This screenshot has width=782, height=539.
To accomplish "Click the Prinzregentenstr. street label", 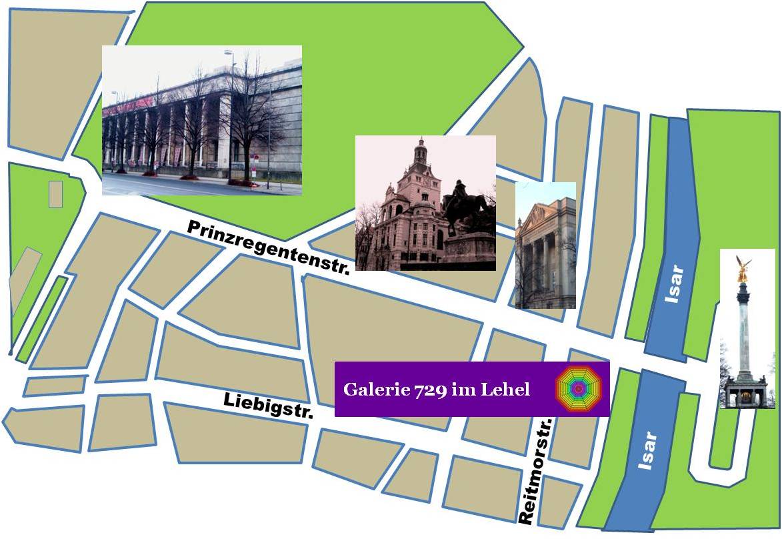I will coord(269,247).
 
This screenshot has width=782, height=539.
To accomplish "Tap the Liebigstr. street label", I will coord(269,406).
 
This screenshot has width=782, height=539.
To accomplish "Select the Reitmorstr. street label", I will coord(536,470).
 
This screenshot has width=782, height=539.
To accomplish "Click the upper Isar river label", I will coord(676,284).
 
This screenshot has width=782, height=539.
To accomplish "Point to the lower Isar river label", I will coord(647,451).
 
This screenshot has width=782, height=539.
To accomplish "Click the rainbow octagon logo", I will coord(578,388).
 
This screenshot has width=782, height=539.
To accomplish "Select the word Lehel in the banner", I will coord(509,390).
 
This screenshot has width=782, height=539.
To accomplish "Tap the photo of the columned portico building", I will coord(545,245).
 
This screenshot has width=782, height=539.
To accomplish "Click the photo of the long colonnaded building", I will coord(201,120).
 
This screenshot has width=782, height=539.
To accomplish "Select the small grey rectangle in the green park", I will coord(55,193).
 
